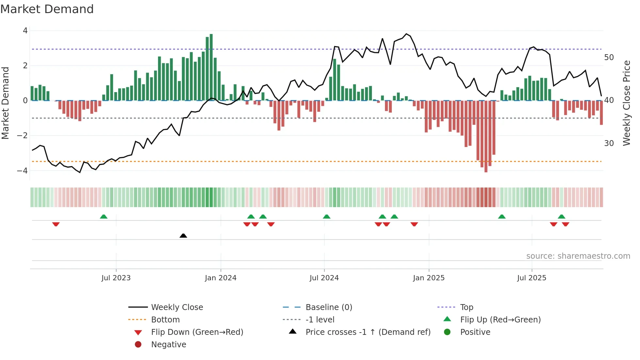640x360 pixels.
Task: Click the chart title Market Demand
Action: coord(47,9)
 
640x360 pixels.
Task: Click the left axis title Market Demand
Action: coord(5,103)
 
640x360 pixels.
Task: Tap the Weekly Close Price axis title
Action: coord(626,103)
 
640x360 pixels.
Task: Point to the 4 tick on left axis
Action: coord(25,31)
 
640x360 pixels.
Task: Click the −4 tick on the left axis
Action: coord(23,171)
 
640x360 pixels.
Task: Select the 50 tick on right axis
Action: coord(609,57)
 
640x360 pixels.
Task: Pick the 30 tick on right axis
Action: coord(609,143)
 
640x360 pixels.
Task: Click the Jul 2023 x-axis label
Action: coord(116,278)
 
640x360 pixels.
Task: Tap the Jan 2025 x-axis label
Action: coord(428,278)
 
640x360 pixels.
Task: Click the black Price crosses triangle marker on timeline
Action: coord(183,236)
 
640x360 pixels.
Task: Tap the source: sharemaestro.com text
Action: coord(578,256)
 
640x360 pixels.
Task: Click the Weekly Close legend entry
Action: coord(177,307)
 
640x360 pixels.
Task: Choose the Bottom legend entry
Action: coord(165,320)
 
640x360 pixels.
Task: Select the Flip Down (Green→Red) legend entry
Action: coord(197,332)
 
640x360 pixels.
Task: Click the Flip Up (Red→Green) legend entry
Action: coord(500,320)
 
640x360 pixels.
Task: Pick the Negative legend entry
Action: coord(168,345)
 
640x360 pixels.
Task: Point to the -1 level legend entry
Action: coord(320,320)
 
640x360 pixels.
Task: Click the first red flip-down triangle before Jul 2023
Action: coord(56,224)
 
